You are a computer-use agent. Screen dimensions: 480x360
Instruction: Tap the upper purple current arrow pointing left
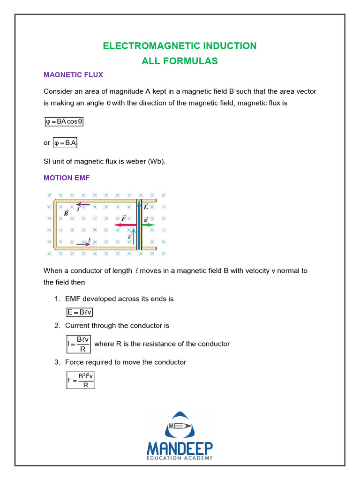83,204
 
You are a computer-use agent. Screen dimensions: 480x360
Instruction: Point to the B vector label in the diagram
66,213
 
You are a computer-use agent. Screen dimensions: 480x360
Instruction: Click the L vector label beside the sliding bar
146,207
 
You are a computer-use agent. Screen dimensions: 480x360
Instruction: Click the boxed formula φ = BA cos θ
64,121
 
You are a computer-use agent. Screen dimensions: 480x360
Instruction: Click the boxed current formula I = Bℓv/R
79,344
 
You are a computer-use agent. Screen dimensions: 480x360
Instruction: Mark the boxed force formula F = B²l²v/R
80,380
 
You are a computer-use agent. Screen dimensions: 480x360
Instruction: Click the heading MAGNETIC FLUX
73,75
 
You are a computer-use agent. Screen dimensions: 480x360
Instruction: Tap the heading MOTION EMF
66,178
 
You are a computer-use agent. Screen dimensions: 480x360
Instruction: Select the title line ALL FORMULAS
180,61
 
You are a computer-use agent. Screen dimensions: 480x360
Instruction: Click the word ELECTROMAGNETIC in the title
151,46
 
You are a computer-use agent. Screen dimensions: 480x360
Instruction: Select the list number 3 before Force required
57,362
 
